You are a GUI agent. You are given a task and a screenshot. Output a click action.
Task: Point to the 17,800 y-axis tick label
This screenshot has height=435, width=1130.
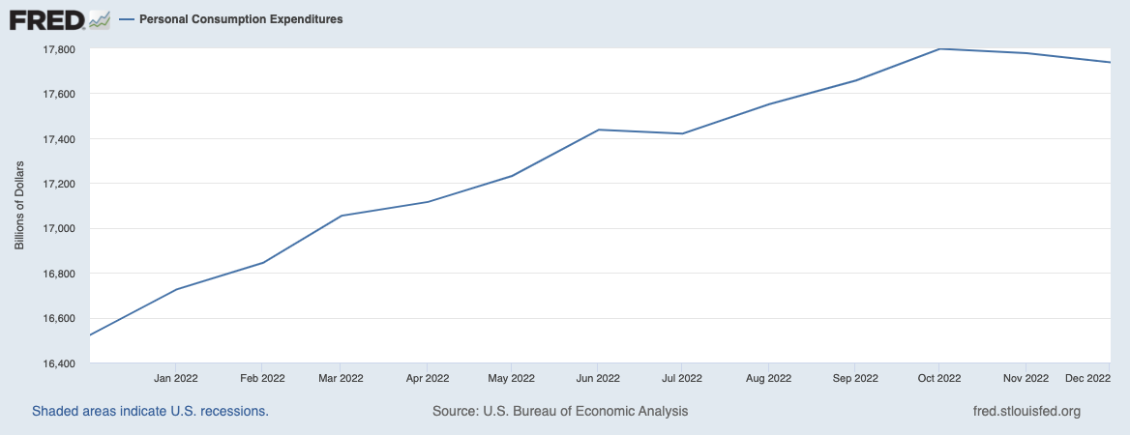61,49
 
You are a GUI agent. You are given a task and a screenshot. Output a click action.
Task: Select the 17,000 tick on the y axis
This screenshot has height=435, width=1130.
61,229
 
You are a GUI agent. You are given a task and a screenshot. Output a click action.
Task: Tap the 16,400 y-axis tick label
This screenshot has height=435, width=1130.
61,363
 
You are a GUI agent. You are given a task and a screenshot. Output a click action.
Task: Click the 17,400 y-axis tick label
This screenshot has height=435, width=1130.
61,139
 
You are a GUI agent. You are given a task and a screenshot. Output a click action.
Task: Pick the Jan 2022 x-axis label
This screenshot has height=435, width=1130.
177,378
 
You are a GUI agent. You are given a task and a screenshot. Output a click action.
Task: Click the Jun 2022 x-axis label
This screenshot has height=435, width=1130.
597,378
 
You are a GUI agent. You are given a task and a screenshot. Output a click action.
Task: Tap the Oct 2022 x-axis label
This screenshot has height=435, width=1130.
938,378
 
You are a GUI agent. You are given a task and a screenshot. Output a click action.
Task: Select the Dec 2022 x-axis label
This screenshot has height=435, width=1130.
1086,378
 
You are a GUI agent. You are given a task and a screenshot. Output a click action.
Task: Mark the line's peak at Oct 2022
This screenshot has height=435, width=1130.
938,48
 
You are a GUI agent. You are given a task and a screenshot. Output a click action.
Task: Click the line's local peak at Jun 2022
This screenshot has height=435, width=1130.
598,130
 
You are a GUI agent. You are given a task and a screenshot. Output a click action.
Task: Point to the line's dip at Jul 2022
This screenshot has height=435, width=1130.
683,133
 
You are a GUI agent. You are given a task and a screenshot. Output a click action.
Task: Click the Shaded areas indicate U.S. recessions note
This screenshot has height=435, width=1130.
150,411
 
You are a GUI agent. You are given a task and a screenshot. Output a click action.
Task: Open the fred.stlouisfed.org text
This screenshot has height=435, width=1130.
1026,411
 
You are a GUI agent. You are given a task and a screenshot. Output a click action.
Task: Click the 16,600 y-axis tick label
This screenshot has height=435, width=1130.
61,319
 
